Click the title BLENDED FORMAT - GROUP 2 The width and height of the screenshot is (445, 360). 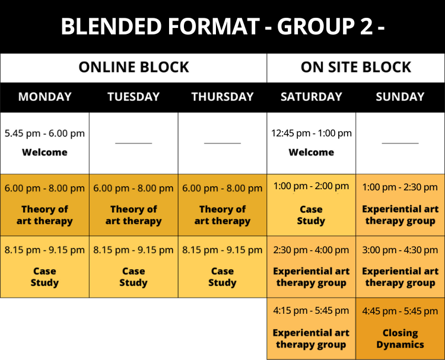[223, 26]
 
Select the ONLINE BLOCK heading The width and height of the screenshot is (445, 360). [133, 67]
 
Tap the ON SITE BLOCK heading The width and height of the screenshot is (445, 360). [356, 67]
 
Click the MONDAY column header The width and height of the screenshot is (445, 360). [45, 97]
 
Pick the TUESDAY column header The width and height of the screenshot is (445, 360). [133, 97]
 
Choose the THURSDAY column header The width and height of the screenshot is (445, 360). [223, 97]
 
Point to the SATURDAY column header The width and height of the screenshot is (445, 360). [311, 97]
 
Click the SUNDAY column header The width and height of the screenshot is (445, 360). [400, 97]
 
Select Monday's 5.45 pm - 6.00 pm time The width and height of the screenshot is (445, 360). [44, 133]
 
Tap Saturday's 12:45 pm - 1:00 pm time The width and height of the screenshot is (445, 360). [311, 133]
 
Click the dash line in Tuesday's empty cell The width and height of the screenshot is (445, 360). [133, 144]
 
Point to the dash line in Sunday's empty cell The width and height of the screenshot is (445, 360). [400, 144]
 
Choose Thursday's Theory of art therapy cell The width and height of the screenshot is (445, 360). [223, 205]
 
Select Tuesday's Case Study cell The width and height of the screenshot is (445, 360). [133, 267]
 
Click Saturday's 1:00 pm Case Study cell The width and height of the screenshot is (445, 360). [311, 205]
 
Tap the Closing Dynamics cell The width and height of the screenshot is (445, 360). [400, 329]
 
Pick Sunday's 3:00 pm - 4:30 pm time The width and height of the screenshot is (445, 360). [400, 250]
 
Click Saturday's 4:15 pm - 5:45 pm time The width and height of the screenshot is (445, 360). [311, 311]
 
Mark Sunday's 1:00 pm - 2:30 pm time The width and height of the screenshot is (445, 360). [400, 187]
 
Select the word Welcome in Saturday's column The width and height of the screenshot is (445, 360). [311, 152]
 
